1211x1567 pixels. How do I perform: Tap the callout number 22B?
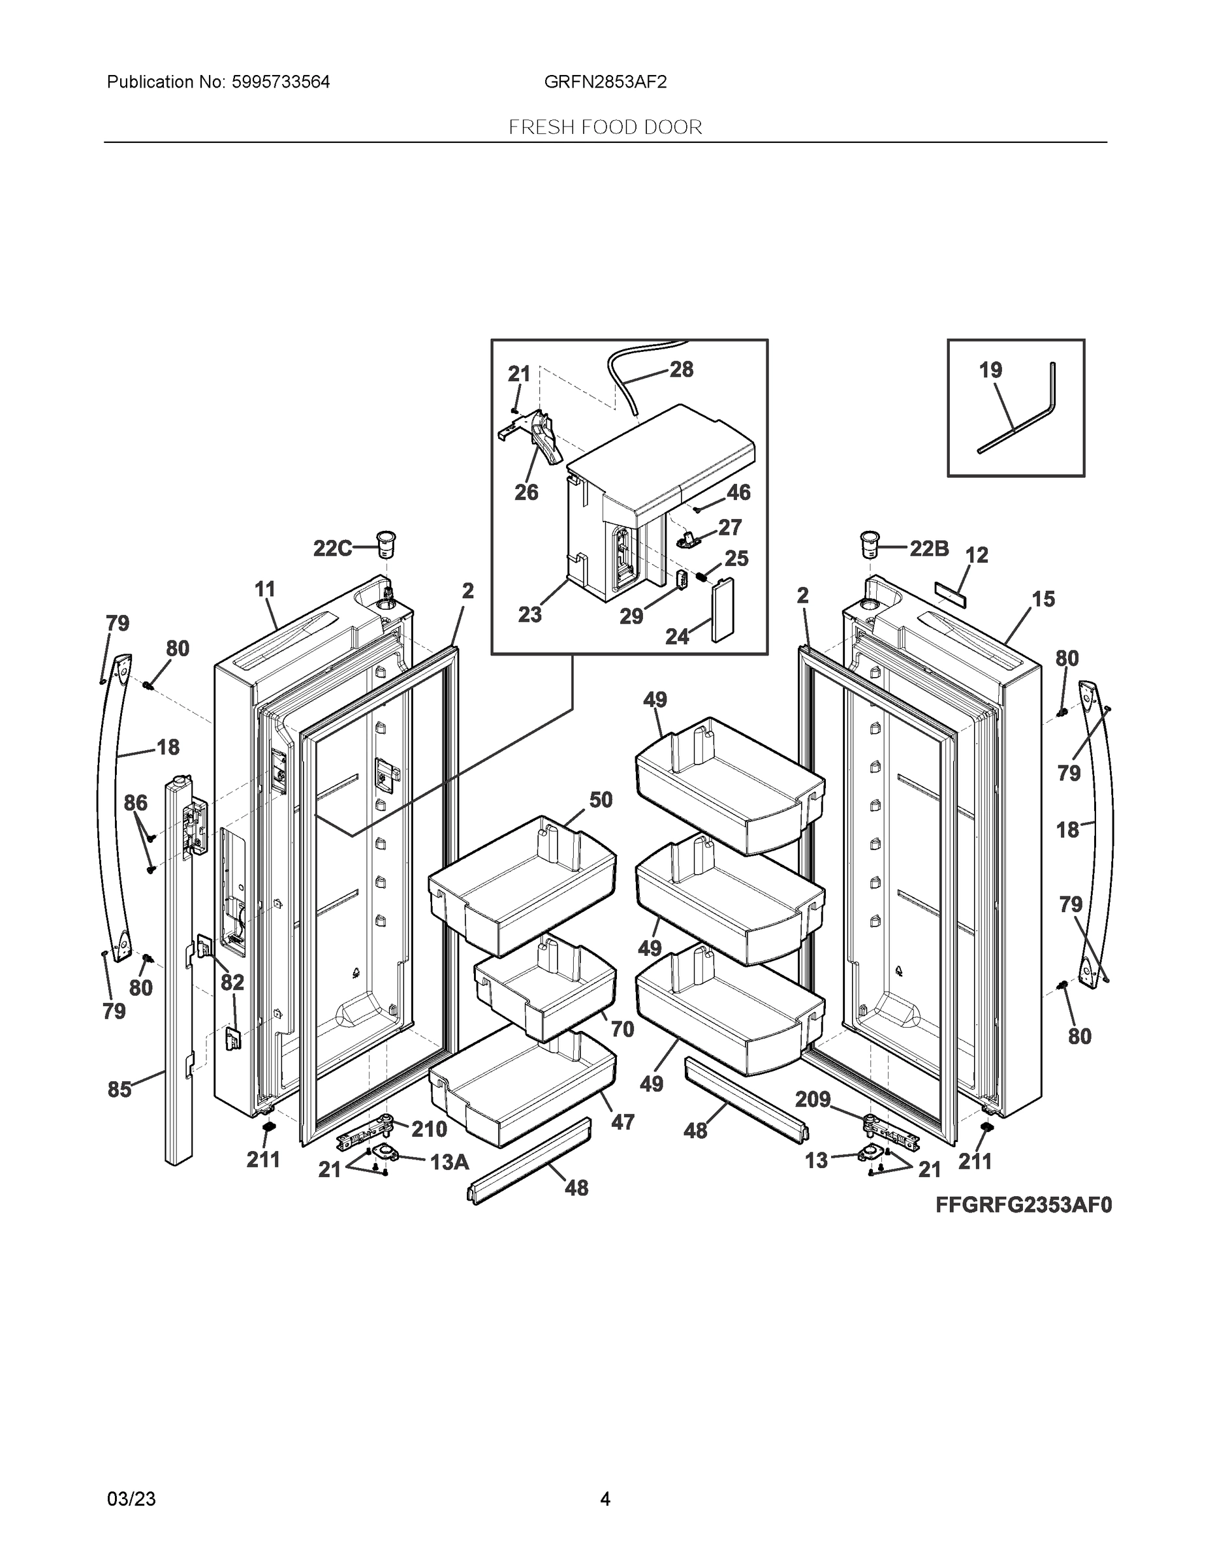pos(929,549)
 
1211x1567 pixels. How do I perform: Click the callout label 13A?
pos(449,1162)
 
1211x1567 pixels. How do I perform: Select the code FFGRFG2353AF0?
pos(1023,1205)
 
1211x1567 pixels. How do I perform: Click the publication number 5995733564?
pos(281,82)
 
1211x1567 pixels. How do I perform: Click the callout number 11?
pos(265,589)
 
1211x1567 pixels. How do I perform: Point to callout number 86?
pos(136,803)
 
